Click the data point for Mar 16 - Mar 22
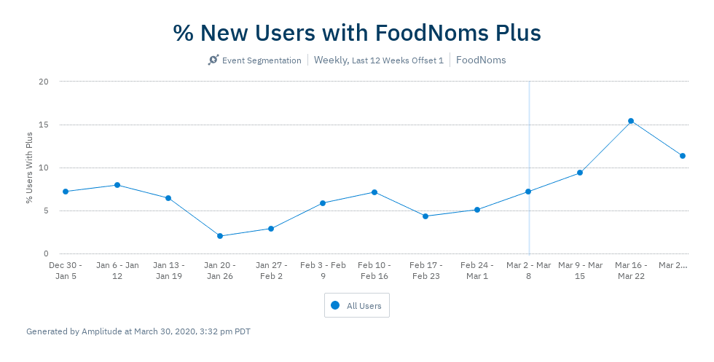631,121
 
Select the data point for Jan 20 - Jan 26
219,236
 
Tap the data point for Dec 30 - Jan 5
66,192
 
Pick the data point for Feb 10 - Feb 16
374,192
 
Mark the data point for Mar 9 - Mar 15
580,173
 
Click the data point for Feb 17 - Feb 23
425,216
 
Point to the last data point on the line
683,156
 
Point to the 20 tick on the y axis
44,82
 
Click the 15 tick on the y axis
44,125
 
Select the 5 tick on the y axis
46,211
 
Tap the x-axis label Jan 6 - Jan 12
117,270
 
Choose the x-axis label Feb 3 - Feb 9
323,270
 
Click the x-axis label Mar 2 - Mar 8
528,270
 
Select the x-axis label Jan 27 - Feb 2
271,270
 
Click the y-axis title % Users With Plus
30,168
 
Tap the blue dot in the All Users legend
335,306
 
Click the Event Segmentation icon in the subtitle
213,60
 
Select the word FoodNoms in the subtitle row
481,60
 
